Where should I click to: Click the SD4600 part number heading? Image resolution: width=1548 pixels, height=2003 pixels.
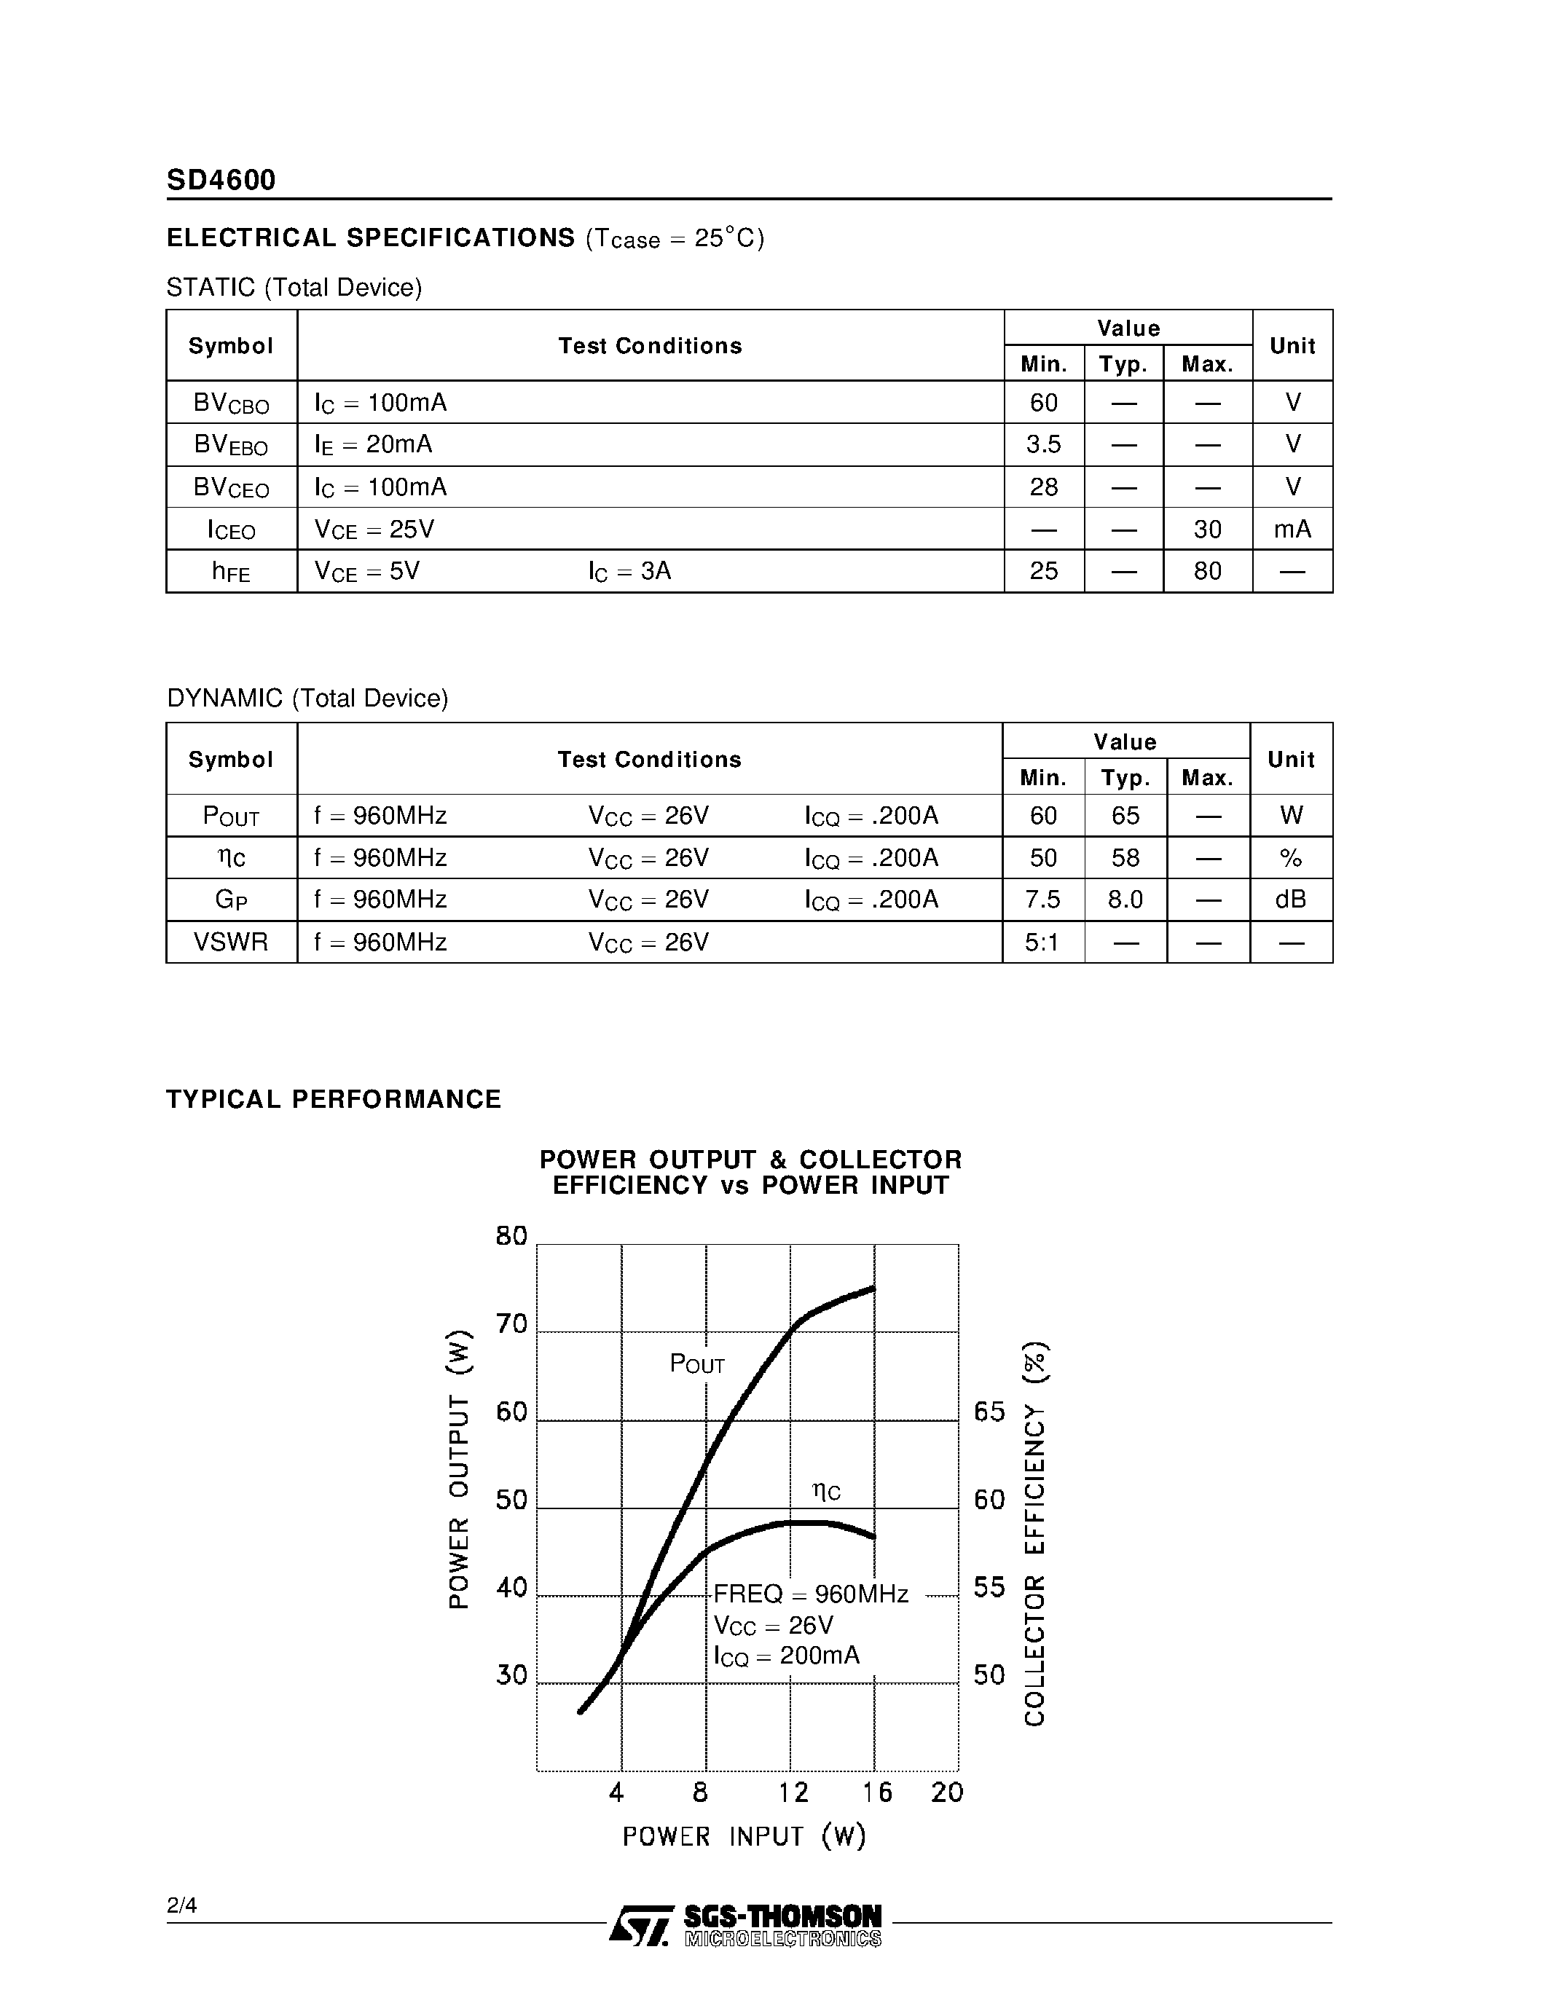(x=221, y=180)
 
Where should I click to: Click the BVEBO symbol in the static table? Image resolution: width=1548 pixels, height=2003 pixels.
(x=231, y=445)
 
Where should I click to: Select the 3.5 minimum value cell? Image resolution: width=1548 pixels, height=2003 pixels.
(x=1044, y=445)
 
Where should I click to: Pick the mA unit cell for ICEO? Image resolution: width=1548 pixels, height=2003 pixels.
(x=1292, y=530)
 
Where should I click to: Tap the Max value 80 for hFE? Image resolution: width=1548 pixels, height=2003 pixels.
(x=1208, y=571)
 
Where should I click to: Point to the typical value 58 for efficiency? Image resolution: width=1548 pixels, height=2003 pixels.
(x=1125, y=857)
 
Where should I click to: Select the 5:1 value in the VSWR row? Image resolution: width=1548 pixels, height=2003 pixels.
(x=1042, y=943)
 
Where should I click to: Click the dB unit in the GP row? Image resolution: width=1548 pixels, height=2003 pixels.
(x=1290, y=900)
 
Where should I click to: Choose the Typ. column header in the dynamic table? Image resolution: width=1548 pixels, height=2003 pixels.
(x=1125, y=778)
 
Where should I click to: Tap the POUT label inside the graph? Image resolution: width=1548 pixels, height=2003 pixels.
(x=697, y=1365)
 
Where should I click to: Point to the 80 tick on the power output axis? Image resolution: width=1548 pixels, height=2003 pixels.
(x=511, y=1236)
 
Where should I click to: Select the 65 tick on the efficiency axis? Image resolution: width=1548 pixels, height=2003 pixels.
(x=989, y=1412)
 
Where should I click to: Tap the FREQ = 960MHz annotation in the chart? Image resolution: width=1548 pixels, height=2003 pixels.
(x=811, y=1594)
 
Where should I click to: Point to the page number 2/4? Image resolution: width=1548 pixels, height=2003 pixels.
(x=181, y=1906)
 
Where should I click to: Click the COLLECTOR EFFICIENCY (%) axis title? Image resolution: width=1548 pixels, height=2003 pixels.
(x=1035, y=1533)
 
